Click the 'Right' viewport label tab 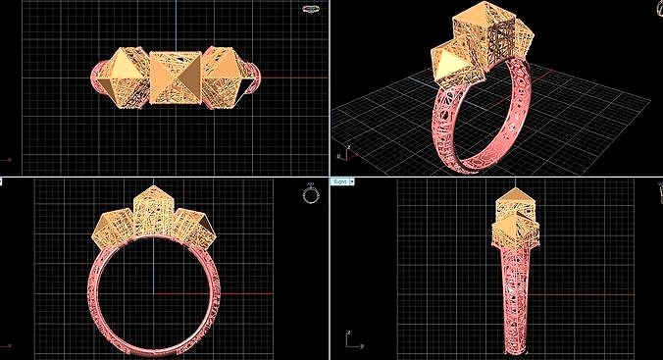coord(339,181)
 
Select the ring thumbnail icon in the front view coord(311,193)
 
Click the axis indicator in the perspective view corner coord(341,153)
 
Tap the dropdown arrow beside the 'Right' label coord(352,181)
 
